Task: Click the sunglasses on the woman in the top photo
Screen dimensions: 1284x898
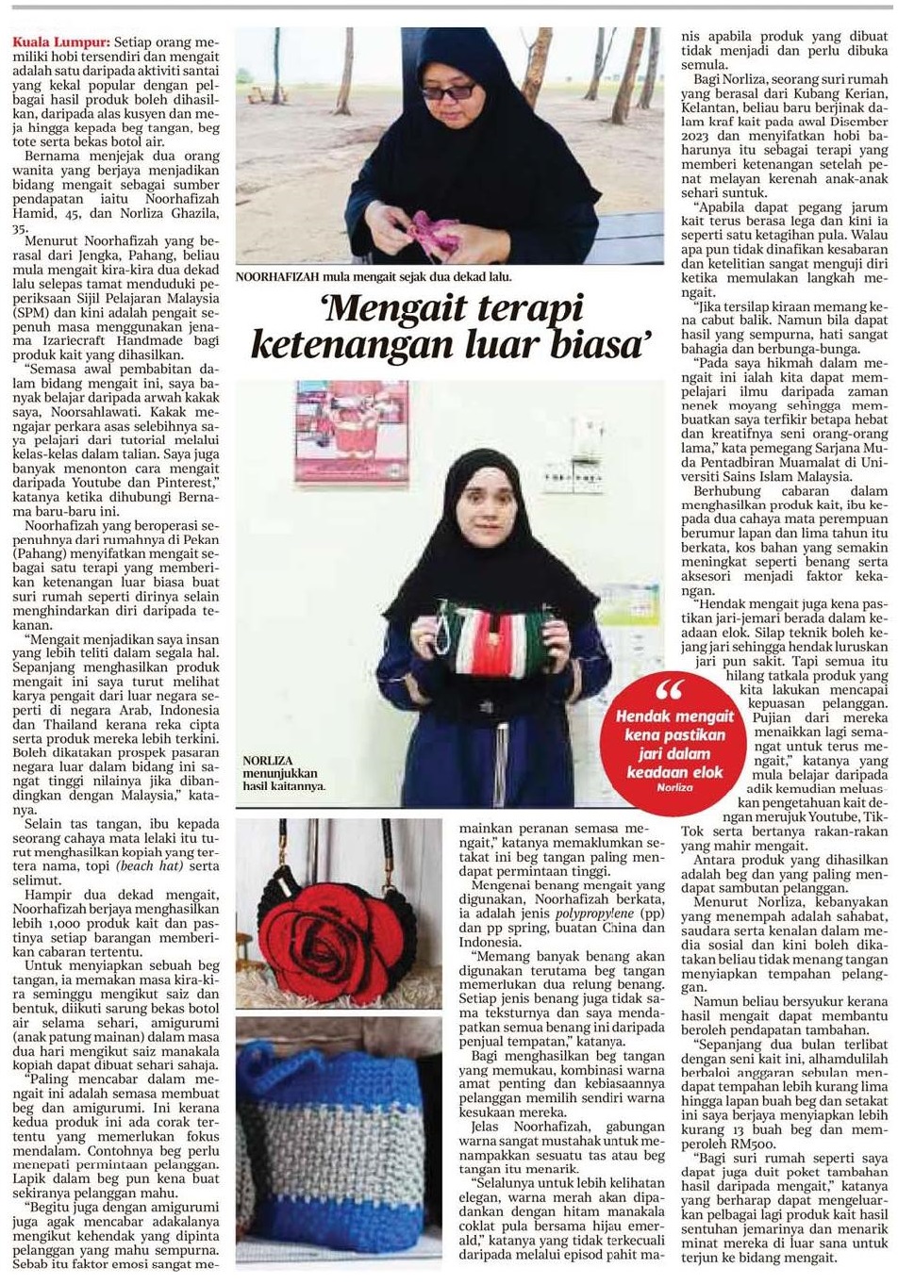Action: point(449,91)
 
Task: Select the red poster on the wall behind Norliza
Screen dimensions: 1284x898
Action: point(351,431)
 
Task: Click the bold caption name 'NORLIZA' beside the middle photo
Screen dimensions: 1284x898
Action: point(267,760)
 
